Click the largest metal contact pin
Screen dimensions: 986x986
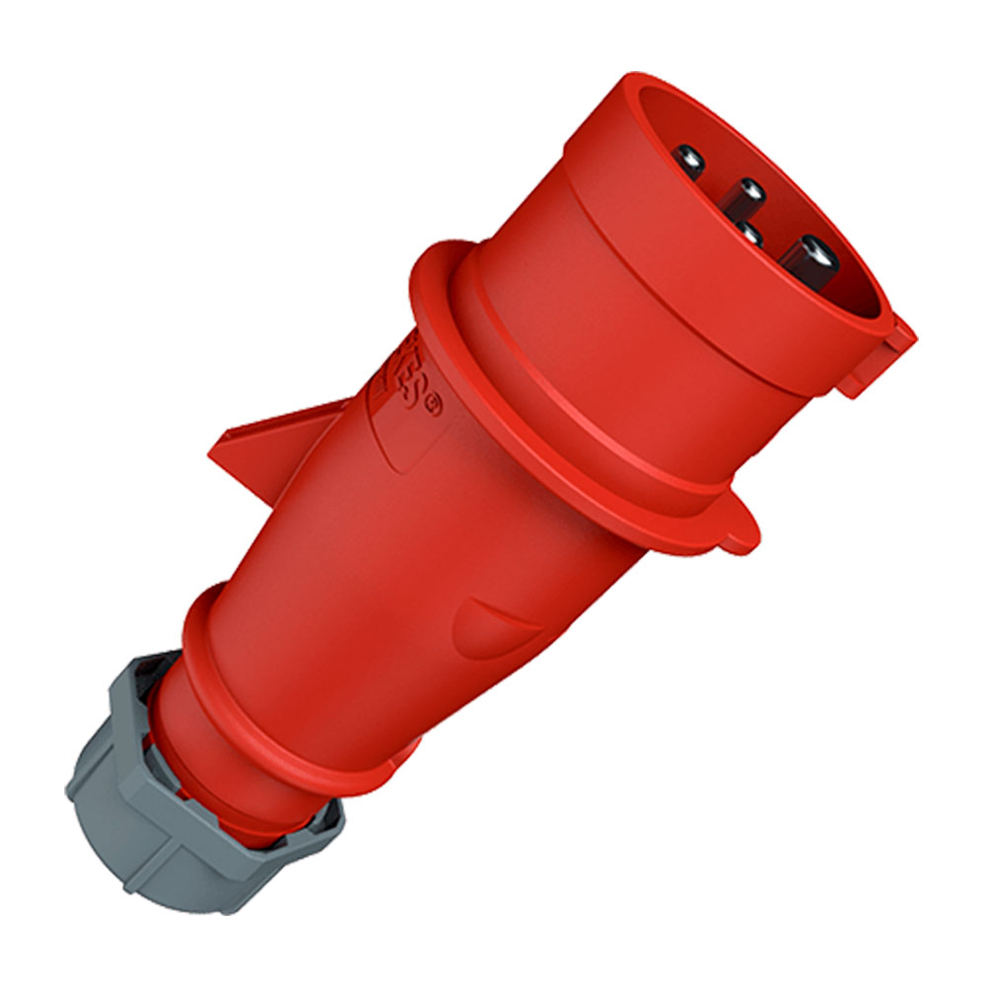click(x=810, y=258)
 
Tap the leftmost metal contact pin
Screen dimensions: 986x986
click(x=689, y=159)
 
